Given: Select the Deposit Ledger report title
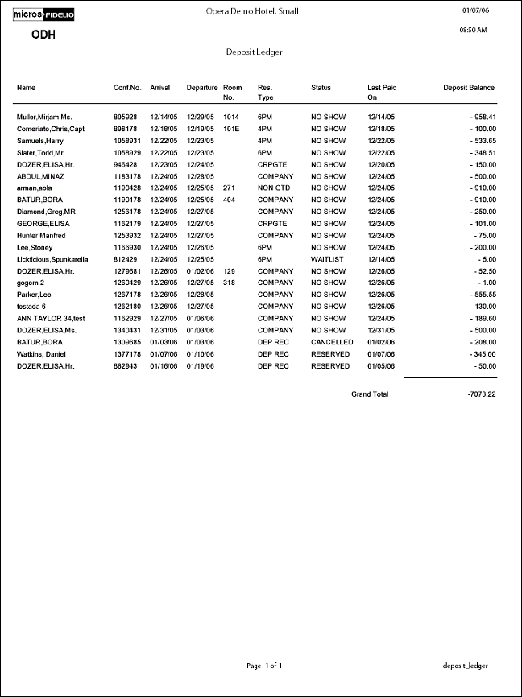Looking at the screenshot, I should (254, 52).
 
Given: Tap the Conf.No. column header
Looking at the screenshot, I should (127, 88).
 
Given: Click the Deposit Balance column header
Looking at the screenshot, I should (469, 88).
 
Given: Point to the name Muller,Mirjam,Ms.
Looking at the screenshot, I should (44, 117).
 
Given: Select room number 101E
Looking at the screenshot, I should (232, 129).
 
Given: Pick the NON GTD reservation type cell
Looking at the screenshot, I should (272, 188).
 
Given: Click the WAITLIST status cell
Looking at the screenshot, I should (328, 259).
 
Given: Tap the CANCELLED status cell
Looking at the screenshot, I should (332, 342).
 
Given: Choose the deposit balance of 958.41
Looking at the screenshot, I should (479, 117).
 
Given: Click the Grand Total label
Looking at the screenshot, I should (370, 394).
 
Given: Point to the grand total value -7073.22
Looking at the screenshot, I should (481, 394).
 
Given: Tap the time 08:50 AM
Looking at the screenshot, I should (473, 30).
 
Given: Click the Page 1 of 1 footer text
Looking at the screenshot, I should (263, 666).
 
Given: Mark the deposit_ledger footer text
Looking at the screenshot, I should (466, 666).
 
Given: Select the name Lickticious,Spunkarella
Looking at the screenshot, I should (52, 259).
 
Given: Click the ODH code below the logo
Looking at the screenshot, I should (43, 35).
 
